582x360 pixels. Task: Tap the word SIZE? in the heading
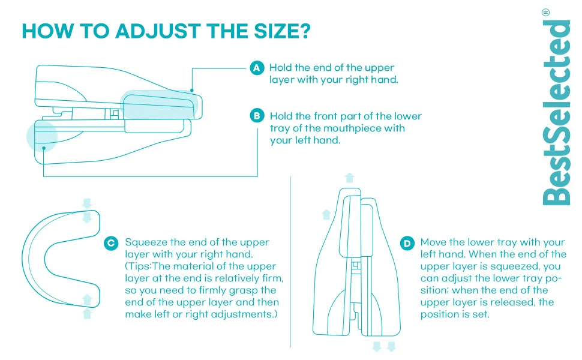(x=282, y=31)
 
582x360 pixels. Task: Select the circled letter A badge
(x=257, y=68)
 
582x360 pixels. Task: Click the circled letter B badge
(x=257, y=116)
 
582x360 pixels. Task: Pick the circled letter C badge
(x=111, y=244)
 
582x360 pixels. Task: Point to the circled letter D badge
(x=407, y=244)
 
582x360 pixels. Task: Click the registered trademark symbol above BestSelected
(x=545, y=13)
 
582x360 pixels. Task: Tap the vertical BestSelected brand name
(x=556, y=112)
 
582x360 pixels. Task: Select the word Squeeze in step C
(x=146, y=242)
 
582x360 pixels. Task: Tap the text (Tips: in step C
(x=139, y=266)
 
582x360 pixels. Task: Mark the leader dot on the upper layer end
(x=192, y=90)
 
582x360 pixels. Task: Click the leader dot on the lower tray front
(x=44, y=148)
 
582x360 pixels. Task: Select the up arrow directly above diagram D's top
(x=349, y=178)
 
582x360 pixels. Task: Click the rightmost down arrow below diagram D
(x=391, y=347)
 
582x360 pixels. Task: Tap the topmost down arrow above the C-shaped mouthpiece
(x=87, y=203)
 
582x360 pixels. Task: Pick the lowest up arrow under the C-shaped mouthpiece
(x=87, y=314)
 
